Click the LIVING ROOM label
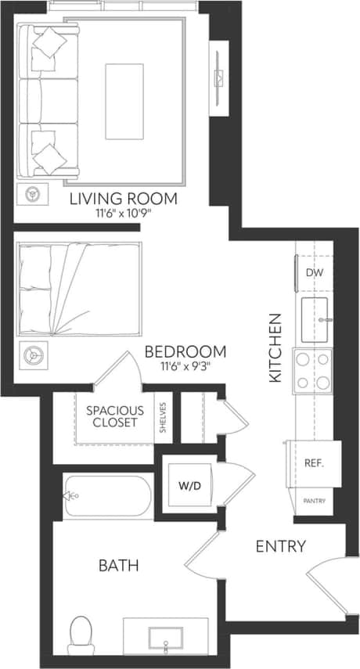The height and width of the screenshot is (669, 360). (x=123, y=198)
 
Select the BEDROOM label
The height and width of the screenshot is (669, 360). (x=185, y=351)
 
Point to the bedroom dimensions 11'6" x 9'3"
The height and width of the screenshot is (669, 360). (x=185, y=365)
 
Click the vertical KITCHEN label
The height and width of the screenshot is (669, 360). (x=275, y=347)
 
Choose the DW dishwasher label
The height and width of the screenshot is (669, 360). (x=314, y=273)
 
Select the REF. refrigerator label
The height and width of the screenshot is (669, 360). (x=314, y=463)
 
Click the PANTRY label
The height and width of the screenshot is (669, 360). (x=315, y=501)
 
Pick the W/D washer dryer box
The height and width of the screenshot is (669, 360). (x=189, y=485)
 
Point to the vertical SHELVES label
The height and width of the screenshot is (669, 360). (x=163, y=416)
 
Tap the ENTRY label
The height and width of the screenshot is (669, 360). (x=280, y=546)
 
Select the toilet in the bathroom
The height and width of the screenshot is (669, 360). (x=81, y=634)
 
